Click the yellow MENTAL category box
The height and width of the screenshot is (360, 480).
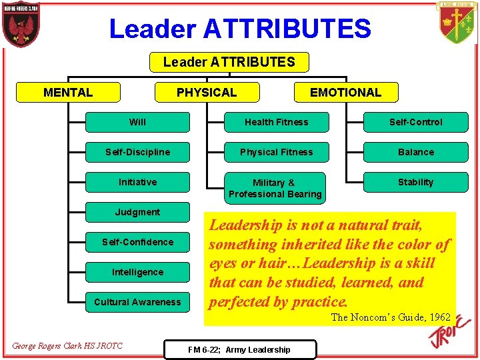point(68,92)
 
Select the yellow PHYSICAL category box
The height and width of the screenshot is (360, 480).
point(206,92)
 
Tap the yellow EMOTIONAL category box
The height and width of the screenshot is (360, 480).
point(345,92)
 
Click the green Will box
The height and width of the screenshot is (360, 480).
point(138,122)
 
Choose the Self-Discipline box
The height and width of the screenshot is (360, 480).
point(138,152)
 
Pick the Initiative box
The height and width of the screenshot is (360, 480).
point(138,182)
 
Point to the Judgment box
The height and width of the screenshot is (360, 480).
point(138,212)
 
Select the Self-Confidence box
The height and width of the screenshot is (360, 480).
point(138,242)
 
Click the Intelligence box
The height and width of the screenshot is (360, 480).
point(138,272)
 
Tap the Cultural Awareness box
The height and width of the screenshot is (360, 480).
point(138,302)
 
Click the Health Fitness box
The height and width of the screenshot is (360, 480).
point(276,122)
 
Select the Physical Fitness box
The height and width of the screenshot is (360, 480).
point(276,152)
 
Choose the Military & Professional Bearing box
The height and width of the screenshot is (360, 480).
point(275,188)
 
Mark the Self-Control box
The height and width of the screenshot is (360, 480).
point(415,122)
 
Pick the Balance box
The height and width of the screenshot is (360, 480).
point(415,152)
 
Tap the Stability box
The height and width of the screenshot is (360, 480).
point(415,182)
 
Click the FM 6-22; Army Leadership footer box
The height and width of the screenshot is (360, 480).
point(239,349)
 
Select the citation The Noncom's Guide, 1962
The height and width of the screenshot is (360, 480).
point(391,317)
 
